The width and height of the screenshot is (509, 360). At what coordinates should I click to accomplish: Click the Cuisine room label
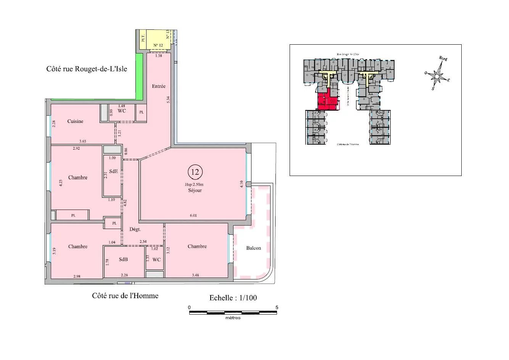75,121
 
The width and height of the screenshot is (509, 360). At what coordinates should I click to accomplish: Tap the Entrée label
159,86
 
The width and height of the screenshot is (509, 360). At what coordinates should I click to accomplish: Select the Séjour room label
195,190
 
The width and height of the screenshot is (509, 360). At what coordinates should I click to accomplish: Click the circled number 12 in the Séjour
195,172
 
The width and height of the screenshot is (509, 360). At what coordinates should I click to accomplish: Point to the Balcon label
253,248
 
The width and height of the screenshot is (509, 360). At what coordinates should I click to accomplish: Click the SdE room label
113,171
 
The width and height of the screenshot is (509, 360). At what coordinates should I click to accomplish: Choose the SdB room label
123,259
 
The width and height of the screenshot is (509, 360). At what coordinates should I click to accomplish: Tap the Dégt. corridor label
135,229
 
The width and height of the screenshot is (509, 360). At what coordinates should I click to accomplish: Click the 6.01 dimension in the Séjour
194,216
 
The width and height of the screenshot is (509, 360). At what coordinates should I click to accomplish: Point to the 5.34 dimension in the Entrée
168,100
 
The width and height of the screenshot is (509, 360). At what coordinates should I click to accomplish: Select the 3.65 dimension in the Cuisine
82,141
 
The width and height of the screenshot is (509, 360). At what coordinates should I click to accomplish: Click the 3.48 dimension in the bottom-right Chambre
196,275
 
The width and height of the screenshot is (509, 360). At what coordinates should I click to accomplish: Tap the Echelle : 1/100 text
233,298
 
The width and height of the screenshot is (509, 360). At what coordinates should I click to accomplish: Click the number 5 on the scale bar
277,307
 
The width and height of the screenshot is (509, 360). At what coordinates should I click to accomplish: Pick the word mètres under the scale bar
233,318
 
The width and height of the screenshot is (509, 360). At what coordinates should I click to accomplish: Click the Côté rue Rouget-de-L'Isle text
87,69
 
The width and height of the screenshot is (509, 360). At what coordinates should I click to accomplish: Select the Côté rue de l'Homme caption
125,295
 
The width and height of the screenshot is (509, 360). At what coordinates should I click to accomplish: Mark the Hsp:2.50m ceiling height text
195,185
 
